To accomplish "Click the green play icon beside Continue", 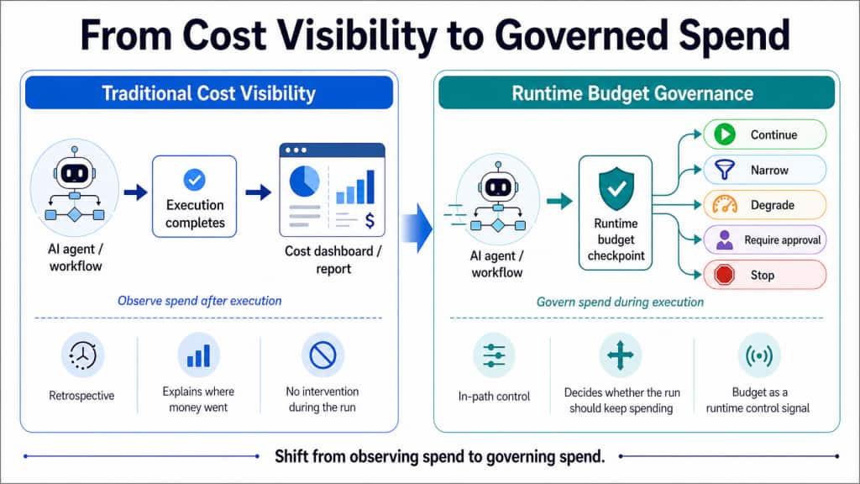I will coord(725,134).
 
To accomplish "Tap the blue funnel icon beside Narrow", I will coord(725,170).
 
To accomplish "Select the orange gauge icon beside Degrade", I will coord(725,205).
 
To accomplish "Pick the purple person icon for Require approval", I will coord(725,240).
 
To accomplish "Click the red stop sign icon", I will coord(725,275).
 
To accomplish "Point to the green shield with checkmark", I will coord(616,188).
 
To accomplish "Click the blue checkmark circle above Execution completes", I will coord(195,179).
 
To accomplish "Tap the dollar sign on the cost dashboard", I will coord(370,220).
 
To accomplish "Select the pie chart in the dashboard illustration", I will coord(303,181).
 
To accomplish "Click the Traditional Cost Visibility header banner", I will coord(209,92).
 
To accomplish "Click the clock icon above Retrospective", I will coord(82,357).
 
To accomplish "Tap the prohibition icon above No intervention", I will coord(322,357).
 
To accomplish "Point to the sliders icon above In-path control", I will coord(489,356).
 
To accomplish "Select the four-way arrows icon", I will coord(620,356).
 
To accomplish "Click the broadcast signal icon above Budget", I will coord(758,356).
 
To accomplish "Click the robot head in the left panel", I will coord(74,173).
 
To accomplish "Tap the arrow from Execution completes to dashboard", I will coord(258,192).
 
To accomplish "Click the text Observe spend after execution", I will coord(200,300).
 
